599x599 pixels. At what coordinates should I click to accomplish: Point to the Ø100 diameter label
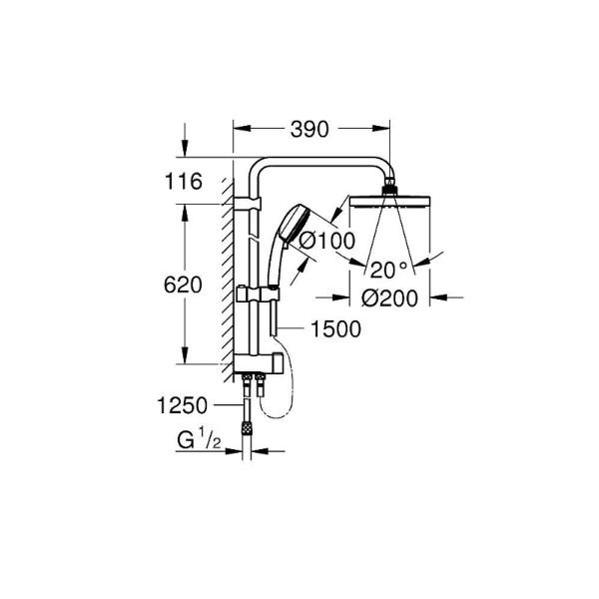click(321, 241)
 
